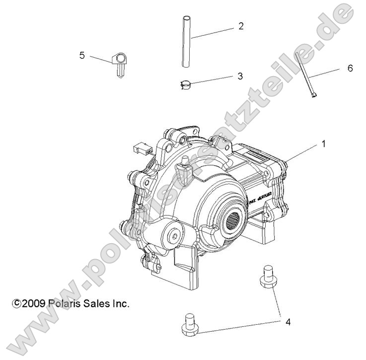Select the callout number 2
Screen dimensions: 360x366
tap(241, 26)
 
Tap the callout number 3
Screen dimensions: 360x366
tap(240, 76)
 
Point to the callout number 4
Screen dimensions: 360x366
tap(288, 322)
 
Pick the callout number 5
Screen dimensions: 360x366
tap(82, 55)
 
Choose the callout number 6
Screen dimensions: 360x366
tap(350, 69)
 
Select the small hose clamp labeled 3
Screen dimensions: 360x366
tap(186, 85)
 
